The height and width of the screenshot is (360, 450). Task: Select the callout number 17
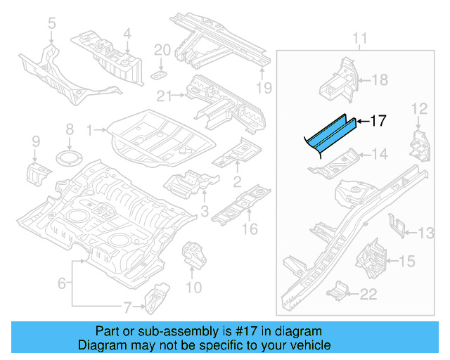[x=378, y=121]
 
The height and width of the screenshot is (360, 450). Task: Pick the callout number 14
[x=379, y=154]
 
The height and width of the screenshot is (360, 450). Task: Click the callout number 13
[x=427, y=233]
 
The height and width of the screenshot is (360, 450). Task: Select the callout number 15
[x=407, y=262]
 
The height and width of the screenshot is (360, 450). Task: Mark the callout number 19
[x=263, y=87]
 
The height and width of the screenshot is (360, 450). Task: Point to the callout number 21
[x=165, y=96]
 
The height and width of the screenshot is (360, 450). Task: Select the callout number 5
[x=51, y=26]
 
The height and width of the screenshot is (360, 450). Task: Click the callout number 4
[x=127, y=33]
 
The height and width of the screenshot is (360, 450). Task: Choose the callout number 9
[x=35, y=145]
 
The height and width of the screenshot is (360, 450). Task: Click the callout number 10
[x=193, y=287]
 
